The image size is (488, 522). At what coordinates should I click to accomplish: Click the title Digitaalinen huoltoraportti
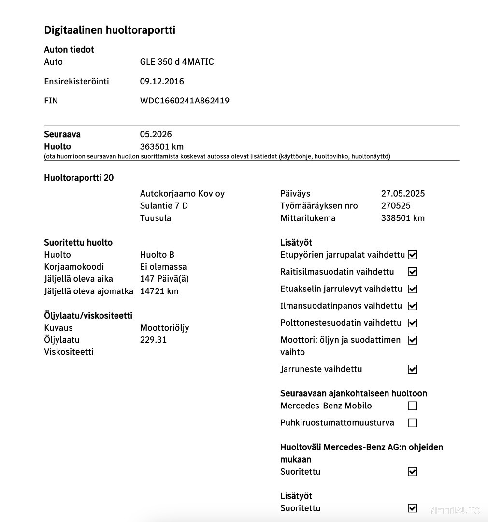pyautogui.click(x=110, y=30)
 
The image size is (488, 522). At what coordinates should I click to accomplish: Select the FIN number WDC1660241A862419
pyautogui.click(x=185, y=101)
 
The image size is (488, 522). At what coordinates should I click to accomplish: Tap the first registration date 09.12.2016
pyautogui.click(x=162, y=81)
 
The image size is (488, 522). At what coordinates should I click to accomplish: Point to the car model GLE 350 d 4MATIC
pyautogui.click(x=177, y=62)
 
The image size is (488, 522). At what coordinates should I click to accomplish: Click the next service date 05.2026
pyautogui.click(x=156, y=134)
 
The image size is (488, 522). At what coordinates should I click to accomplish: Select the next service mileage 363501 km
pyautogui.click(x=161, y=146)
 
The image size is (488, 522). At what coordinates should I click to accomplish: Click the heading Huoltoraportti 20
pyautogui.click(x=79, y=178)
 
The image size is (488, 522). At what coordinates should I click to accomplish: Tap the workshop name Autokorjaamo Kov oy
pyautogui.click(x=182, y=194)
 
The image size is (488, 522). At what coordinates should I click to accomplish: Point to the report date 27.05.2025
pyautogui.click(x=403, y=194)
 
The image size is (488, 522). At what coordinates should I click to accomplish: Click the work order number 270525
pyautogui.click(x=396, y=206)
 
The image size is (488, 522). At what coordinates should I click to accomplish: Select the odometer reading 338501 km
pyautogui.click(x=403, y=218)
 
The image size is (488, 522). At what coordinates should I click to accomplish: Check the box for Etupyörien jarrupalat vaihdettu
pyautogui.click(x=413, y=255)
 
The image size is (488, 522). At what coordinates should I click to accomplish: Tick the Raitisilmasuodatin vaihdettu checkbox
pyautogui.click(x=413, y=272)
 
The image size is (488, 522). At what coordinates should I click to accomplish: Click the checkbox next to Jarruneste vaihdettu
pyautogui.click(x=413, y=369)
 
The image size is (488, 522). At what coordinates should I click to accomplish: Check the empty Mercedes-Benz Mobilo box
pyautogui.click(x=413, y=406)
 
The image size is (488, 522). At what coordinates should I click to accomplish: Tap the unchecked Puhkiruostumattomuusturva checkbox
pyautogui.click(x=413, y=423)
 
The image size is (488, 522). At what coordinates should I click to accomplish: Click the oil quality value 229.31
pyautogui.click(x=153, y=340)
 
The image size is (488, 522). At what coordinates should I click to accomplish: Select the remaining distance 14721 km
pyautogui.click(x=159, y=291)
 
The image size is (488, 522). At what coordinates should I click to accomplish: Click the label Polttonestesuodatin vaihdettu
pyautogui.click(x=341, y=323)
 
